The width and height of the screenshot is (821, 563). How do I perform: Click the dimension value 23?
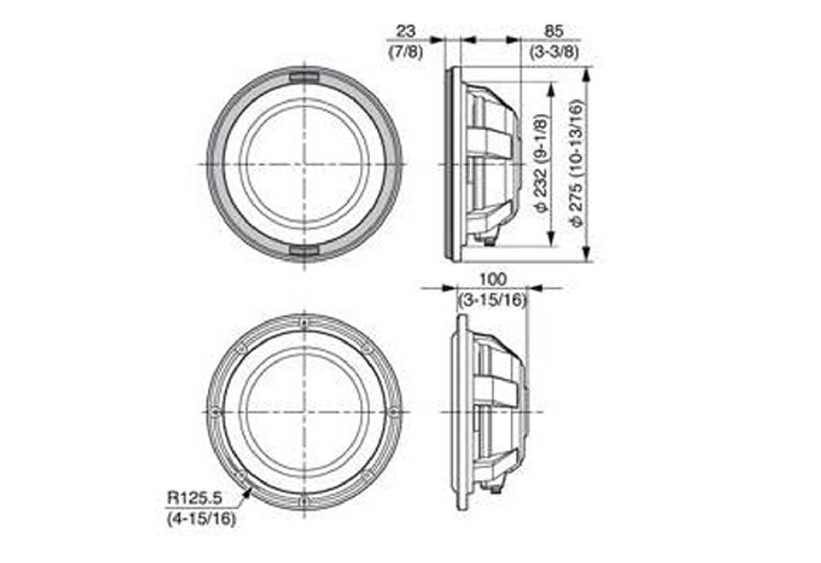(406, 31)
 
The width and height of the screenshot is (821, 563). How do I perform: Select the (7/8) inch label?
(405, 52)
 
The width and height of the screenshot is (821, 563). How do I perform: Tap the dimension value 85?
(554, 31)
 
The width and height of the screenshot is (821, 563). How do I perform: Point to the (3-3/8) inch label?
(554, 52)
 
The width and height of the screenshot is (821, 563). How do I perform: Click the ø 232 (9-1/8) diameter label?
(541, 164)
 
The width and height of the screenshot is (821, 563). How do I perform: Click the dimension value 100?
(493, 279)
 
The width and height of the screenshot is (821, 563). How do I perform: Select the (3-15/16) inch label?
(493, 300)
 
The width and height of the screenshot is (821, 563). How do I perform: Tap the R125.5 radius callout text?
(194, 498)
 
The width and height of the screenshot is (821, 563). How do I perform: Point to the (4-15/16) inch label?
(201, 519)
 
